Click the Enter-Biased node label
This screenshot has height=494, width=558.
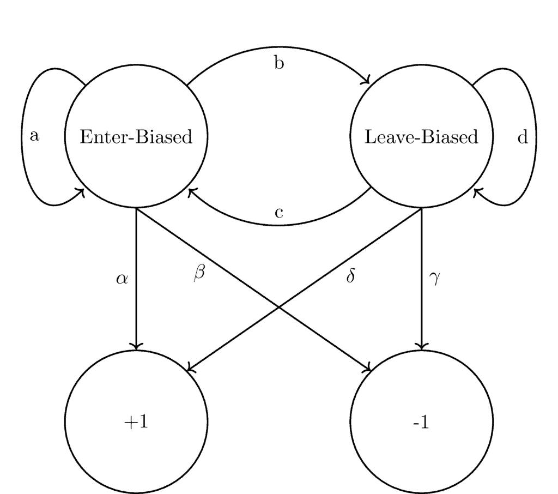pos(136,137)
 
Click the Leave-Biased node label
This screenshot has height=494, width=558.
pos(421,137)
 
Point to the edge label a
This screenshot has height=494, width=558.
pos(34,136)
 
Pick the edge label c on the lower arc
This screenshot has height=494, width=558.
pos(279,212)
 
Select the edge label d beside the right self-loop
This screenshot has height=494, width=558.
pos(523,137)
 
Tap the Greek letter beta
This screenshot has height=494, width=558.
pos(199,274)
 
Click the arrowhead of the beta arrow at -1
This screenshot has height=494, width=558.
pos(369,369)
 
